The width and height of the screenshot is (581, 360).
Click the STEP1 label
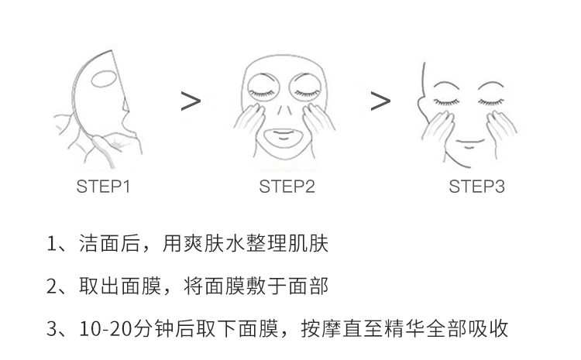(103, 187)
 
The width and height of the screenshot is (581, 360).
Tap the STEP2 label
(287, 187)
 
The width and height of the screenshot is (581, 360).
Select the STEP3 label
(477, 187)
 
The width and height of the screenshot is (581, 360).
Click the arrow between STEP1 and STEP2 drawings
(191, 101)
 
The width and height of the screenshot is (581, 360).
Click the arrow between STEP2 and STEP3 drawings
(380, 101)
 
